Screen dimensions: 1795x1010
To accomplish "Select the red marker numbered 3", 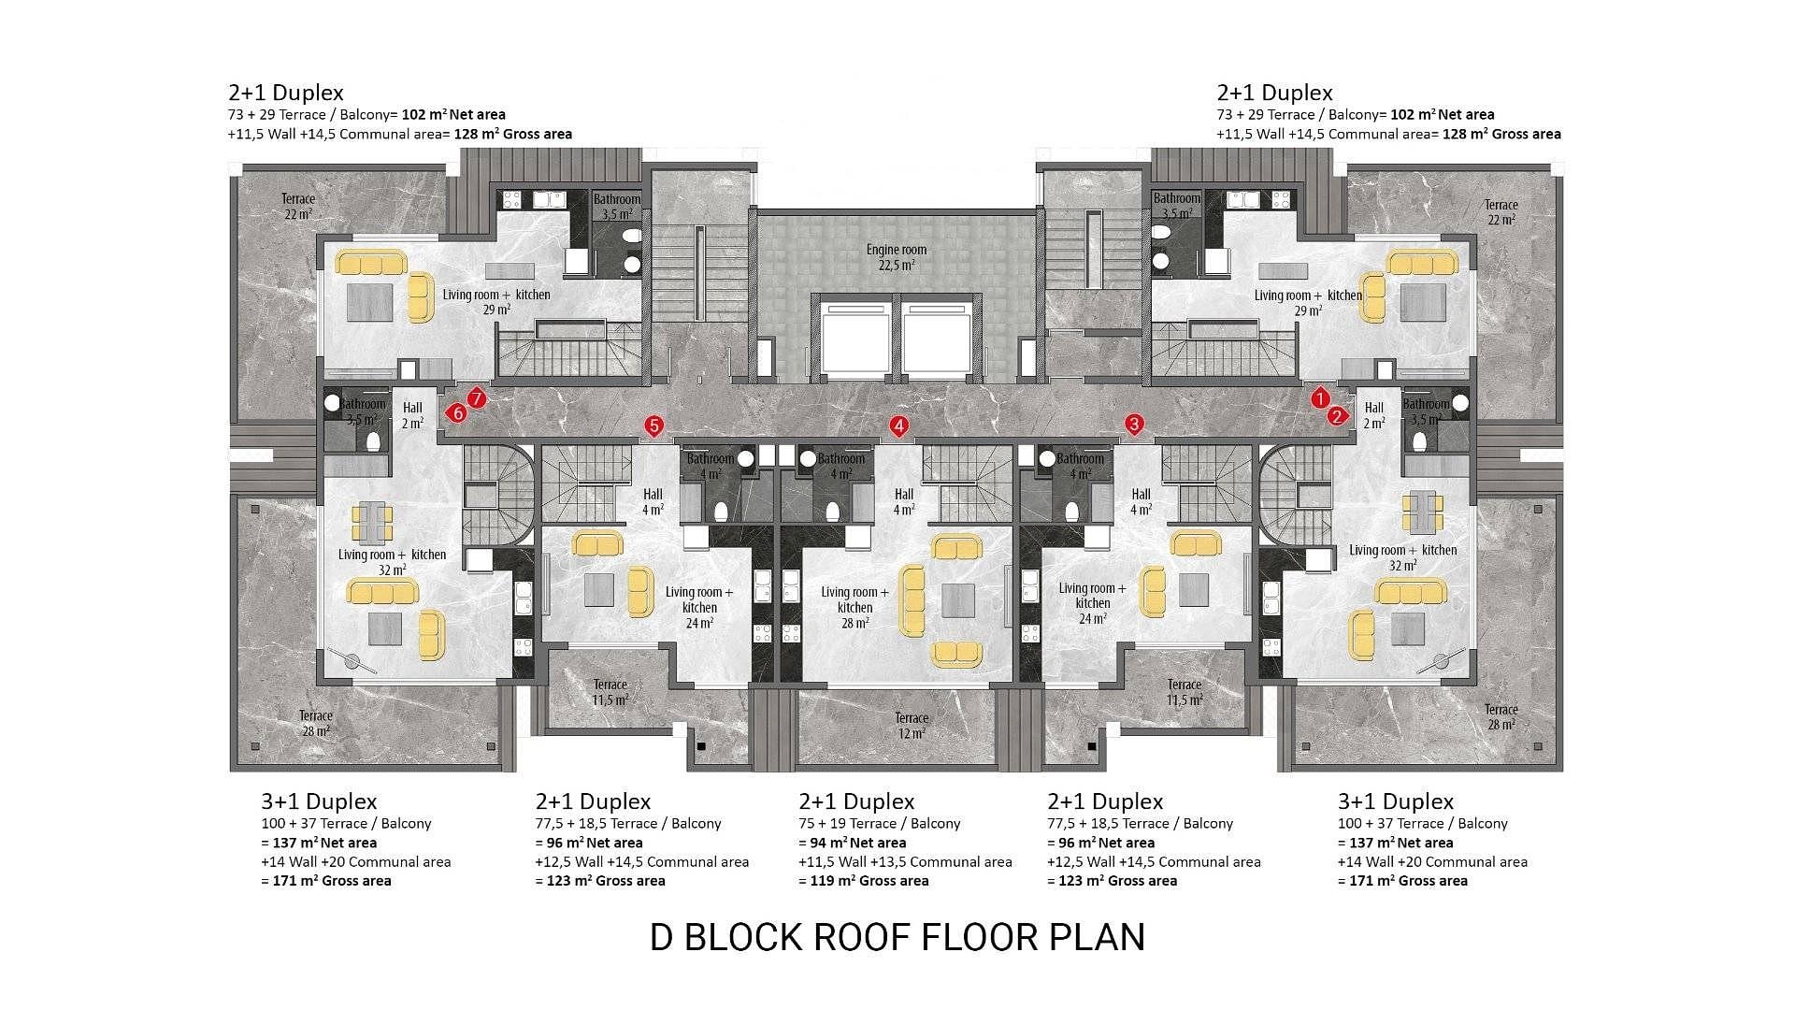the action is coord(1134,425).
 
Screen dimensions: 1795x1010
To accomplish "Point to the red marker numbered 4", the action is coord(898,426).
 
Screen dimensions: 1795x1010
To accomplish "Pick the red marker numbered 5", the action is coord(653,426).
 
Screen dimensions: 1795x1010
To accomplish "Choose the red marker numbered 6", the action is coord(457,412).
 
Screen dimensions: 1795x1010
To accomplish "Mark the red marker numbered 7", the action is coord(477,399).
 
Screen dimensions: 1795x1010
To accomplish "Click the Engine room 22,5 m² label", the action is coord(896,257).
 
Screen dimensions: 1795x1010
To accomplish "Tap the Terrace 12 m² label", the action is coord(912,726).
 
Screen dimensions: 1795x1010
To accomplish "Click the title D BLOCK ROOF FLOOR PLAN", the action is coord(897,937).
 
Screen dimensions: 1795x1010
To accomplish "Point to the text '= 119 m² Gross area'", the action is coord(864,881).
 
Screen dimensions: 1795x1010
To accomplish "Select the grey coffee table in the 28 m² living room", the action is coord(958,599).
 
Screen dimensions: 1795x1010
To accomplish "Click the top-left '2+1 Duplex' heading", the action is coord(286,93).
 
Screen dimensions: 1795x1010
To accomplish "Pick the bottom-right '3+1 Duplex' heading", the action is coord(1396,801).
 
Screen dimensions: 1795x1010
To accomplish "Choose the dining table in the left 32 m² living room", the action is coord(372,521).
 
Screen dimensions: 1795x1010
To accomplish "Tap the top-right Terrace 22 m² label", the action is coord(1501,212).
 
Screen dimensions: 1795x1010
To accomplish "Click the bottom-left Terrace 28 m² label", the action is coord(316,724).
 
